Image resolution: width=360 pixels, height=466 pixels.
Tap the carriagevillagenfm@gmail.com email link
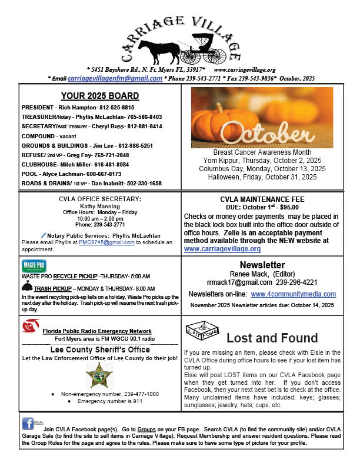click(x=115, y=78)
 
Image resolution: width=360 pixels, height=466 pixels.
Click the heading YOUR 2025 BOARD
click(x=100, y=96)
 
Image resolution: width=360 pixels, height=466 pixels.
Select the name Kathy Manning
click(x=100, y=206)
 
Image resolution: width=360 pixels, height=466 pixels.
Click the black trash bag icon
click(x=26, y=288)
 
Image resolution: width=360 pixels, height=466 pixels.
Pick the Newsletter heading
click(x=262, y=265)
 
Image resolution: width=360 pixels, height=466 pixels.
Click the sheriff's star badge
click(x=99, y=375)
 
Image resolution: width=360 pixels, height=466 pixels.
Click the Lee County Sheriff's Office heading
click(x=99, y=349)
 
